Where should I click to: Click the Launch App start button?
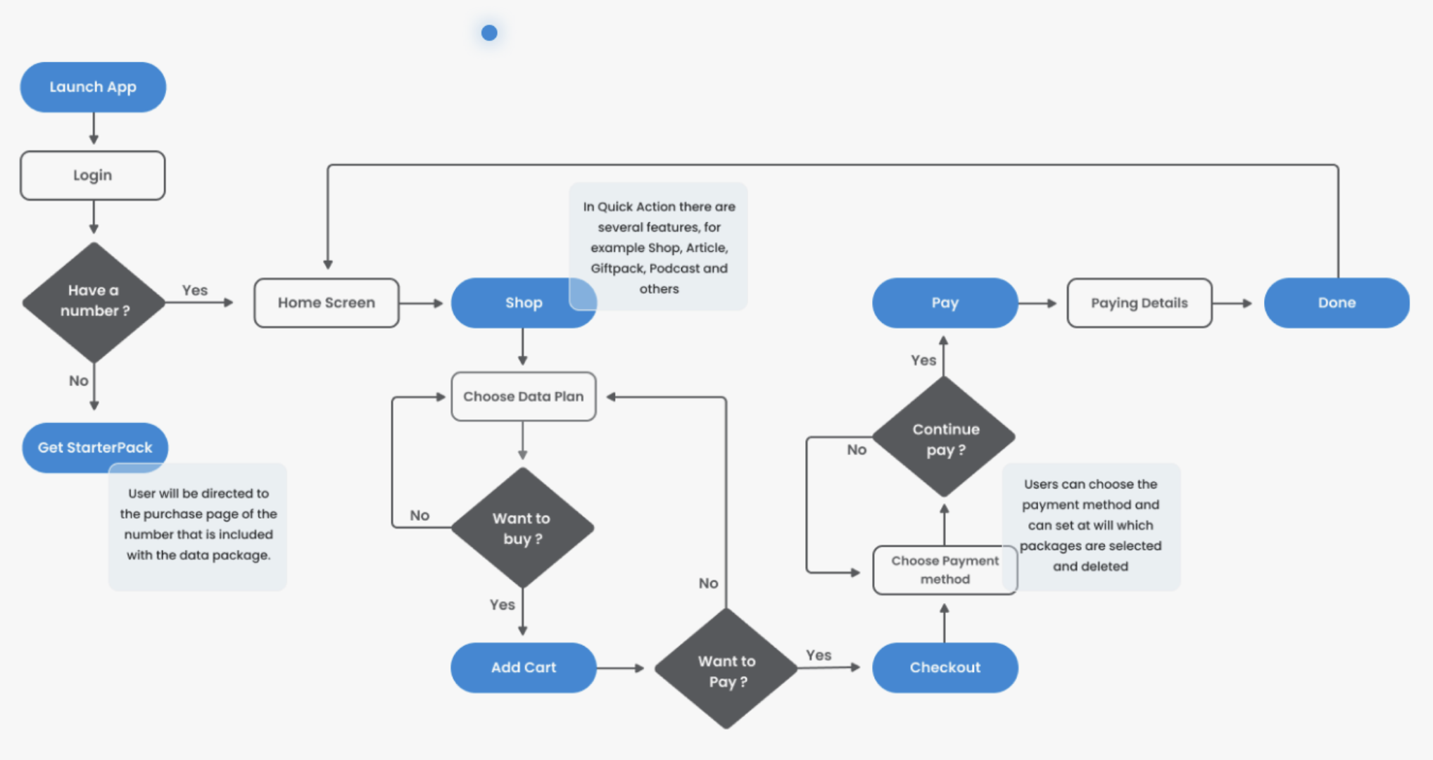pyautogui.click(x=93, y=87)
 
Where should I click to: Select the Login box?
pyautogui.click(x=93, y=175)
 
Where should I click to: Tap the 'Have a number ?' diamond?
pyautogui.click(x=94, y=302)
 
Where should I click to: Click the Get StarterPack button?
pyautogui.click(x=95, y=448)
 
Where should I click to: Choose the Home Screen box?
pyautogui.click(x=327, y=303)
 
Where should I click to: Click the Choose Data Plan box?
pyautogui.click(x=523, y=397)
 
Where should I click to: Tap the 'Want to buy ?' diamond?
pyautogui.click(x=522, y=528)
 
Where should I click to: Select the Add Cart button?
pyautogui.click(x=523, y=667)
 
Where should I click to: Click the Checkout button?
pyautogui.click(x=945, y=667)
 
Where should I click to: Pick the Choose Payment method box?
pyautogui.click(x=945, y=570)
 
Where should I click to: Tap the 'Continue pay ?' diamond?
pyautogui.click(x=945, y=438)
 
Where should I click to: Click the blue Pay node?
pyautogui.click(x=945, y=303)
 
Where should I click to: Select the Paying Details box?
pyautogui.click(x=1139, y=303)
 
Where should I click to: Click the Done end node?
pyautogui.click(x=1337, y=303)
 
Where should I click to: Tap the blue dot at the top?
pyautogui.click(x=489, y=32)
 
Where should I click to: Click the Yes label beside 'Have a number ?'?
pyautogui.click(x=195, y=290)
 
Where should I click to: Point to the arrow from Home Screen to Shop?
pyautogui.click(x=421, y=303)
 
